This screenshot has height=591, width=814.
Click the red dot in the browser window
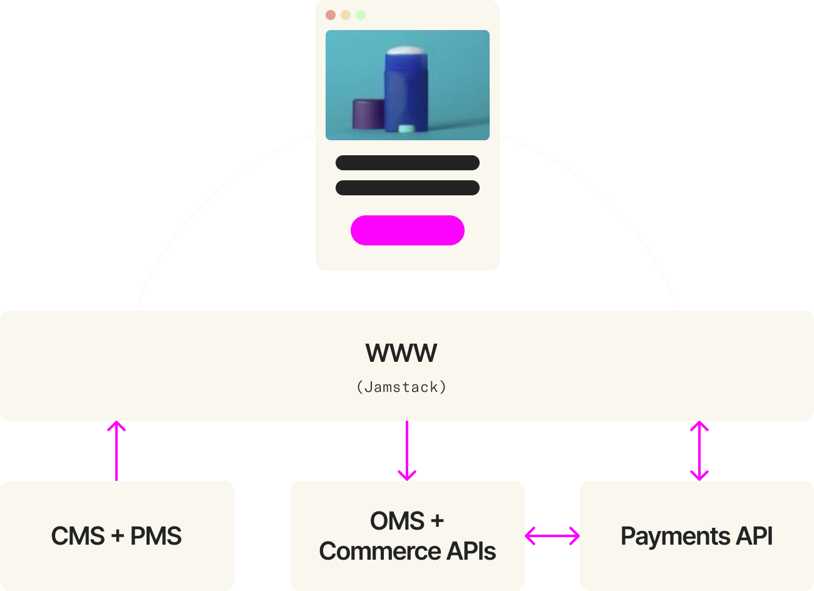point(331,15)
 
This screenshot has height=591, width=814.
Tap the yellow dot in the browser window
point(346,15)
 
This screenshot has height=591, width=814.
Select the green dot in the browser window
point(361,15)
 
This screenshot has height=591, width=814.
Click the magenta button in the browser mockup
point(408,230)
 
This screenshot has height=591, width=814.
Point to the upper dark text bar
point(408,163)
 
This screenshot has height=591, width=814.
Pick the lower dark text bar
point(408,188)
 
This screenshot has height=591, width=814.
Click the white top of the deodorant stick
point(407,51)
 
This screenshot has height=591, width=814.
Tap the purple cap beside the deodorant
point(368,114)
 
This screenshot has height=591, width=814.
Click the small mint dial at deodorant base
point(406,129)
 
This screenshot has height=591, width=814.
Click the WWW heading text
point(401,353)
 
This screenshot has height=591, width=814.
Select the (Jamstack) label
point(401,387)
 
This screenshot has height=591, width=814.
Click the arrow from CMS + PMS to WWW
point(116,451)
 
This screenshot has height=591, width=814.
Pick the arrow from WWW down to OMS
point(407,451)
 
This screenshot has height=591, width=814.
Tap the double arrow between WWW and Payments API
point(699,451)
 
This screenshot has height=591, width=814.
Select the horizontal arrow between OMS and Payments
point(552,536)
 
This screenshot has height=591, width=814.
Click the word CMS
point(78,536)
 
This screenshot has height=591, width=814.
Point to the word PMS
point(156,536)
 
